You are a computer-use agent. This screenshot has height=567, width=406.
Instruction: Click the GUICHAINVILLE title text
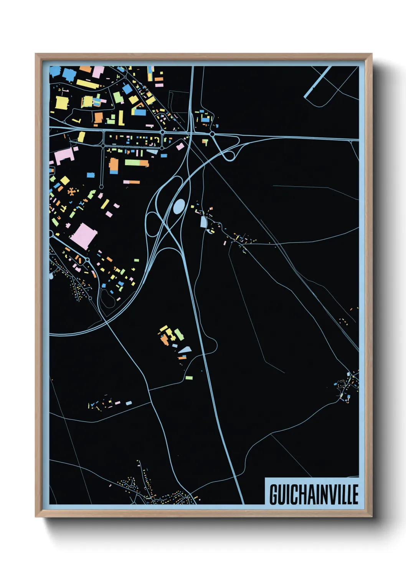(314, 494)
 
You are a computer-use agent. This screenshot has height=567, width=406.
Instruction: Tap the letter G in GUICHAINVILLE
(274, 494)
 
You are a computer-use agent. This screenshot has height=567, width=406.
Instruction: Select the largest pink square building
(83, 236)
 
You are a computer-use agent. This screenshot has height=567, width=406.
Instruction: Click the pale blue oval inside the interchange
(179, 206)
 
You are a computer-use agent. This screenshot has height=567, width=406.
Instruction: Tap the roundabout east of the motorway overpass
(212, 134)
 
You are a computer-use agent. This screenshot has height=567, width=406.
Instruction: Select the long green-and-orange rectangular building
(137, 163)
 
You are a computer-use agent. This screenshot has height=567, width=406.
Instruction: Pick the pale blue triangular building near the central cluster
(185, 349)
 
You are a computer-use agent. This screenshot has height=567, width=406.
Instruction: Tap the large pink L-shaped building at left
(63, 156)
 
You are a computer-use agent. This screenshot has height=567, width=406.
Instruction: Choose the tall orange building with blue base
(114, 166)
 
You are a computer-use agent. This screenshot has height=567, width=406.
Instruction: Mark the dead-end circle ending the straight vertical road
(101, 187)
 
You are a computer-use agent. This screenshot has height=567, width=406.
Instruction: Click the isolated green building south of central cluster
(189, 378)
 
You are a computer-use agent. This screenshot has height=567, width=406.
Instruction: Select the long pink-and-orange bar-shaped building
(132, 182)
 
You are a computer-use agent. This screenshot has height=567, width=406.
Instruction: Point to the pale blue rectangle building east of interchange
(203, 222)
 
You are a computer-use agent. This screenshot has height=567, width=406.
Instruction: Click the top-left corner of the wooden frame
(36, 54)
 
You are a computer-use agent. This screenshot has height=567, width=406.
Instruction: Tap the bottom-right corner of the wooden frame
(371, 516)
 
